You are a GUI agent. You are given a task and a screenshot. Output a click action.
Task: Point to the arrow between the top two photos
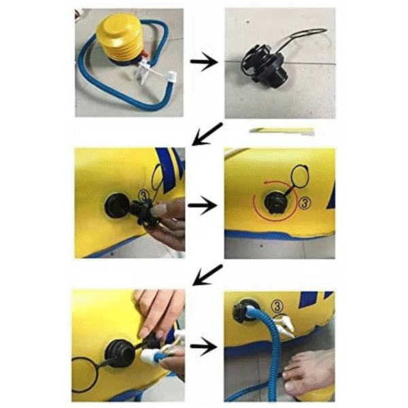(204, 62)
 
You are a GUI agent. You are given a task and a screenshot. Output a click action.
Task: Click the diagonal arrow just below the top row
(207, 134)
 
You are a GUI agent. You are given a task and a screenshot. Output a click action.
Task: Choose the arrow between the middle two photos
(203, 205)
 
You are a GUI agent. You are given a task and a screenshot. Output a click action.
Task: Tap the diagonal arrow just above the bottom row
(207, 275)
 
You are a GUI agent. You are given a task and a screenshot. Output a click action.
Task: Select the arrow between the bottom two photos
(204, 347)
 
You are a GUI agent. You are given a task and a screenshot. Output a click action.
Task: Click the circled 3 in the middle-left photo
(143, 196)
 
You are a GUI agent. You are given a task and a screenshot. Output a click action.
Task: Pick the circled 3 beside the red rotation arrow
(305, 203)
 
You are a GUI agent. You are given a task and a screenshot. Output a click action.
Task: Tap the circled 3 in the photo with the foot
(277, 307)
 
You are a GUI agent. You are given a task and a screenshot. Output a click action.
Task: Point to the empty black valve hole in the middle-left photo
(117, 206)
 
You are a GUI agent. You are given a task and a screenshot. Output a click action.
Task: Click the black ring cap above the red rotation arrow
(300, 176)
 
